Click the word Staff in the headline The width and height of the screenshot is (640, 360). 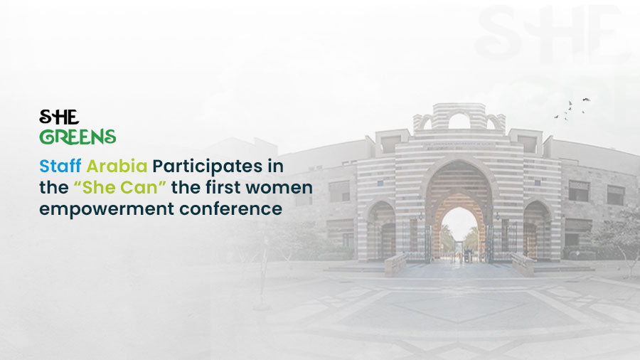point(60,166)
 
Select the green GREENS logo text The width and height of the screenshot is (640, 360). point(78,136)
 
